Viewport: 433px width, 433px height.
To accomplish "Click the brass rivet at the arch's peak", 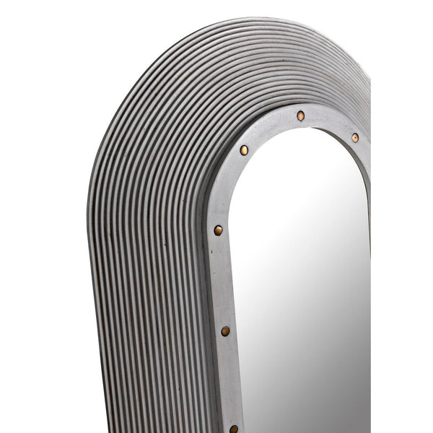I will (300, 115).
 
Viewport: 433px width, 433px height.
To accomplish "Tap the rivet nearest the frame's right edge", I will (354, 137).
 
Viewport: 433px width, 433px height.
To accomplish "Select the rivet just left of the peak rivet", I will (244, 150).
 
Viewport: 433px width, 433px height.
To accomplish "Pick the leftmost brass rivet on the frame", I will (218, 231).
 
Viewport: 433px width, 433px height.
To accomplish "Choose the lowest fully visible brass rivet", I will (226, 331).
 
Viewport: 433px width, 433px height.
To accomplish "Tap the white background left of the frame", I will (43, 216).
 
